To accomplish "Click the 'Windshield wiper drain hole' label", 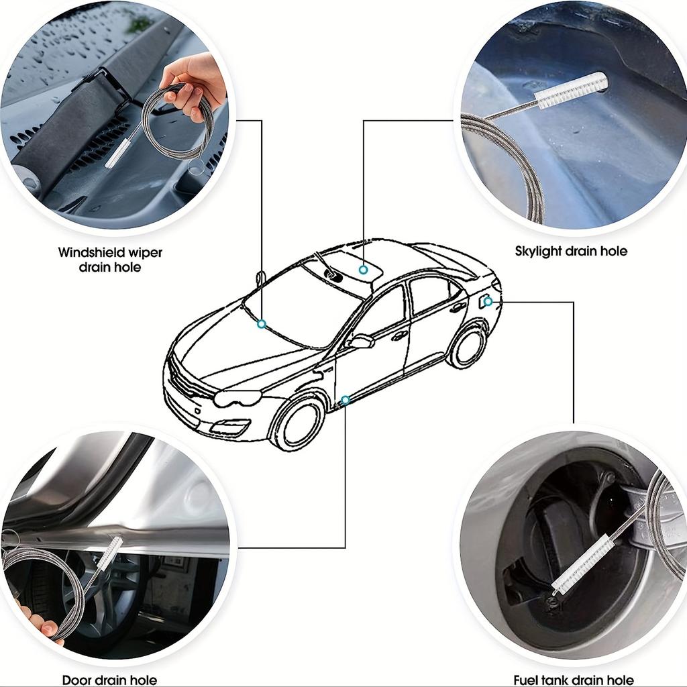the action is click(110, 260).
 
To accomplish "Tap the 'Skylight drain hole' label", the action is click(571, 251).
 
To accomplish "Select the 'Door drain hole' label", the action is click(109, 680).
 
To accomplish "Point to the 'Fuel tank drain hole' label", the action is click(574, 680).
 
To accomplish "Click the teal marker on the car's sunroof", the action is click(363, 270).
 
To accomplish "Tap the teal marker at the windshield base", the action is click(262, 324).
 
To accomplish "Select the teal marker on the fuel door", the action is click(488, 301).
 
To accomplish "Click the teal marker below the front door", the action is click(346, 400).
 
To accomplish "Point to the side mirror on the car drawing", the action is click(362, 341).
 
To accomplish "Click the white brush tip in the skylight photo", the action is click(571, 91).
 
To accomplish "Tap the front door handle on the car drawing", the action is click(399, 337).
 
